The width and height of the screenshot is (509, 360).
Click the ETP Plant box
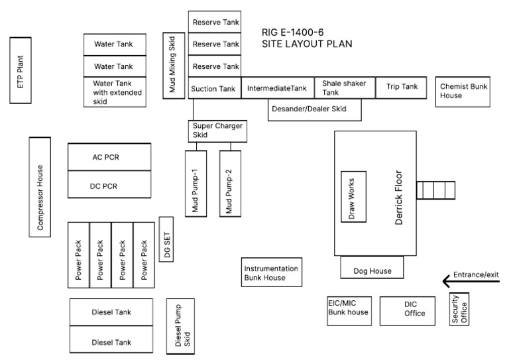tap(21, 71)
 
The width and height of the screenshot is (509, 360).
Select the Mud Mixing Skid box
tap(174, 65)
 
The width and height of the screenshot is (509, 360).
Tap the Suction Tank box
tap(214, 88)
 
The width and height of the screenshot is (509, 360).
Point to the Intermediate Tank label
tap(277, 88)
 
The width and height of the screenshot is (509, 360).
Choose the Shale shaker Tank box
tap(340, 88)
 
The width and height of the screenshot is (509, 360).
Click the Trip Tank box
tap(397, 87)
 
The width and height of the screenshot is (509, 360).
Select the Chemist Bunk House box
tap(463, 91)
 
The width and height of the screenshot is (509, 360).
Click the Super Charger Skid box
tap(217, 131)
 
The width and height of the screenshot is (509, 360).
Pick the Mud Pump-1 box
tap(196, 184)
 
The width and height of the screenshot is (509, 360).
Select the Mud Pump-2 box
tap(229, 184)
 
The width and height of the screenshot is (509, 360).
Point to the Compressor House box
tap(40, 187)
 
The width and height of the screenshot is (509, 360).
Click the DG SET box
tap(166, 239)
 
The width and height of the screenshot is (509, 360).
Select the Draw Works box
tap(353, 197)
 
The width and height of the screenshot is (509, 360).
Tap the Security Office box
tap(460, 308)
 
